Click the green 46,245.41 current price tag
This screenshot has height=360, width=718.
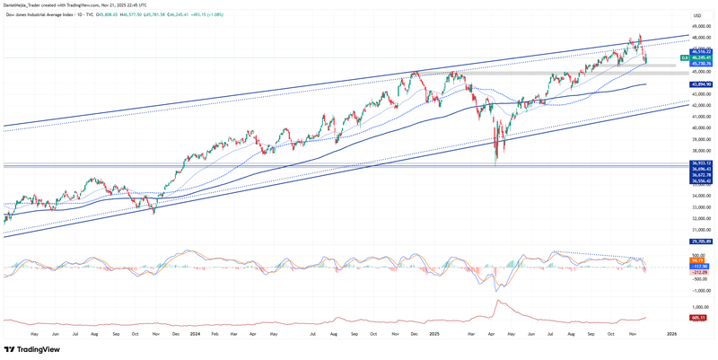click(701, 57)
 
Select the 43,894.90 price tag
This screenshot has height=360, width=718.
click(701, 84)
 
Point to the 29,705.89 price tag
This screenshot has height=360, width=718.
click(701, 241)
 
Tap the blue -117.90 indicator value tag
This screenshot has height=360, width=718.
click(700, 266)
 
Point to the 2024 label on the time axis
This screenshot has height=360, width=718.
click(195, 333)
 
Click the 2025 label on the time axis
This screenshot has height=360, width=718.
click(433, 333)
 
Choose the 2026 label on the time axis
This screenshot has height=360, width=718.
click(671, 333)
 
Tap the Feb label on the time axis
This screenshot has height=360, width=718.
click(214, 333)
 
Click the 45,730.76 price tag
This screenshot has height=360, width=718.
click(701, 64)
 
